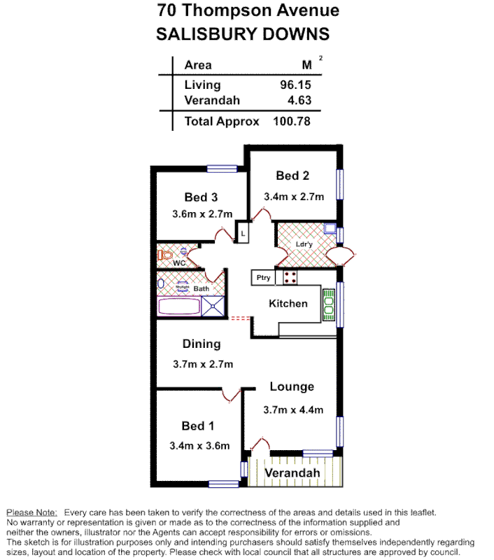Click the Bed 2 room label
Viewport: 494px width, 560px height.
coord(292,176)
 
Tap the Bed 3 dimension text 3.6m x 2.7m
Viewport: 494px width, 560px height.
coord(202,214)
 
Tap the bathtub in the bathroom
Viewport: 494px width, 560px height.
coord(180,306)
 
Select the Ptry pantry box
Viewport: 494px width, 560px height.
coord(263,278)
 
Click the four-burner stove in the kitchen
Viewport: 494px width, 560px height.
coord(290,277)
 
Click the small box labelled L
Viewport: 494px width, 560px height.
coord(243,232)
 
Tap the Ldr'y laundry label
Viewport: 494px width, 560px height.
coord(304,244)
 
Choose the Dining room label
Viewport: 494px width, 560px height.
coord(202,344)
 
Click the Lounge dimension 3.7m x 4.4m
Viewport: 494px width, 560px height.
coord(293,410)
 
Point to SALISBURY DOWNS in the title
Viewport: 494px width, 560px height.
coord(241,34)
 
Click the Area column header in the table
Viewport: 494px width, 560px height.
coord(198,65)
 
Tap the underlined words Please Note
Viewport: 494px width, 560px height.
coord(31,512)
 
